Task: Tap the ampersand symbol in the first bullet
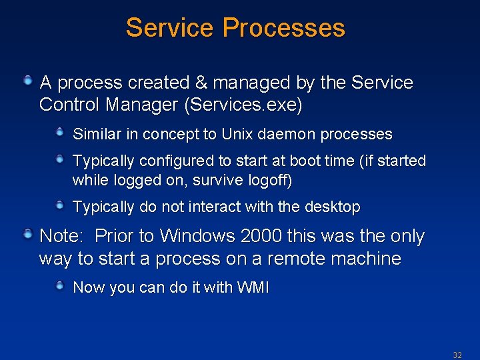201,83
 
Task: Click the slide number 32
457,355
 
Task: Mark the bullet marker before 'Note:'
28,234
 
